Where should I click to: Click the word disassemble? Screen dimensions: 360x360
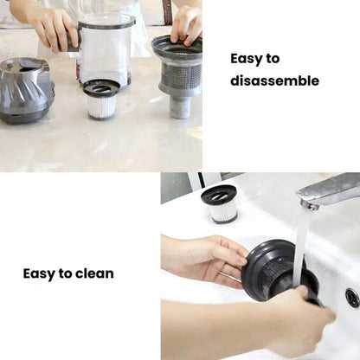point(274,81)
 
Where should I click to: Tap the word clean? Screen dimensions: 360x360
point(93,274)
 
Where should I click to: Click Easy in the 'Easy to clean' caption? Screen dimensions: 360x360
point(39,274)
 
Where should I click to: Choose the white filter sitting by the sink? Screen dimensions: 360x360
point(219,204)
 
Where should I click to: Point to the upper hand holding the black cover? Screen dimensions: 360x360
point(204,257)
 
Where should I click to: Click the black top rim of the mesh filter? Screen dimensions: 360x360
point(177,44)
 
